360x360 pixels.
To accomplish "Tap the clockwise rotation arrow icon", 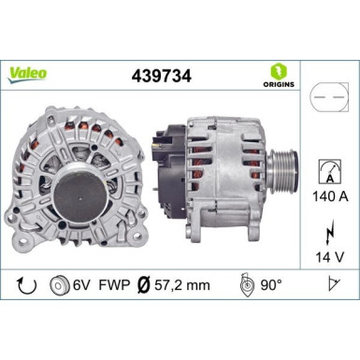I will pyautogui.click(x=27, y=285).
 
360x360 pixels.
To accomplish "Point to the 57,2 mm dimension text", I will pyautogui.click(x=182, y=285).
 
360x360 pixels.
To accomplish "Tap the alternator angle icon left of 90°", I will pyautogui.click(x=244, y=285).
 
